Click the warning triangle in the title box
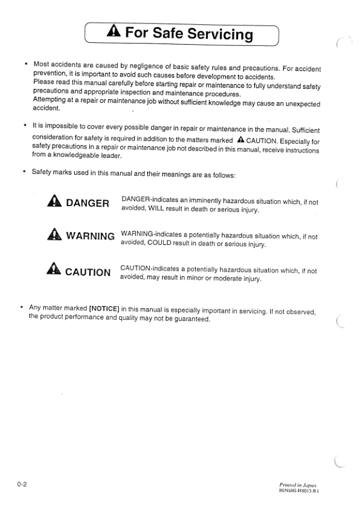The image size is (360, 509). (113, 34)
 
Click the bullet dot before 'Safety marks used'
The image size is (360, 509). (24, 175)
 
